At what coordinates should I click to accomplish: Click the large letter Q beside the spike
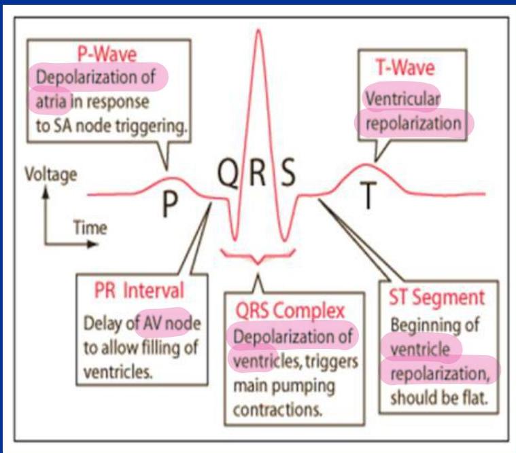(230, 177)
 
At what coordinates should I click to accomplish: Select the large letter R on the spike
(257, 177)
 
